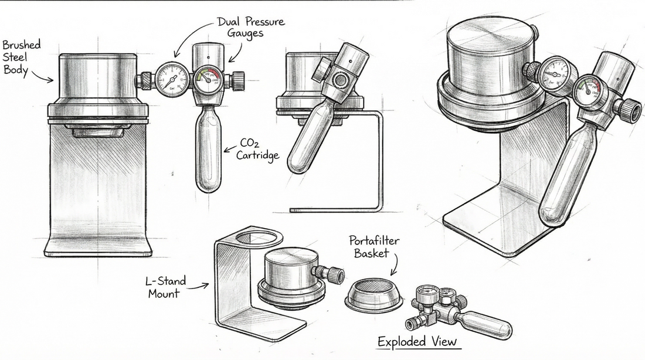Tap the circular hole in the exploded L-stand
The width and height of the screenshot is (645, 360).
coord(259,238)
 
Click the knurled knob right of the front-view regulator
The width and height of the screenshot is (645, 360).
coord(238,80)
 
